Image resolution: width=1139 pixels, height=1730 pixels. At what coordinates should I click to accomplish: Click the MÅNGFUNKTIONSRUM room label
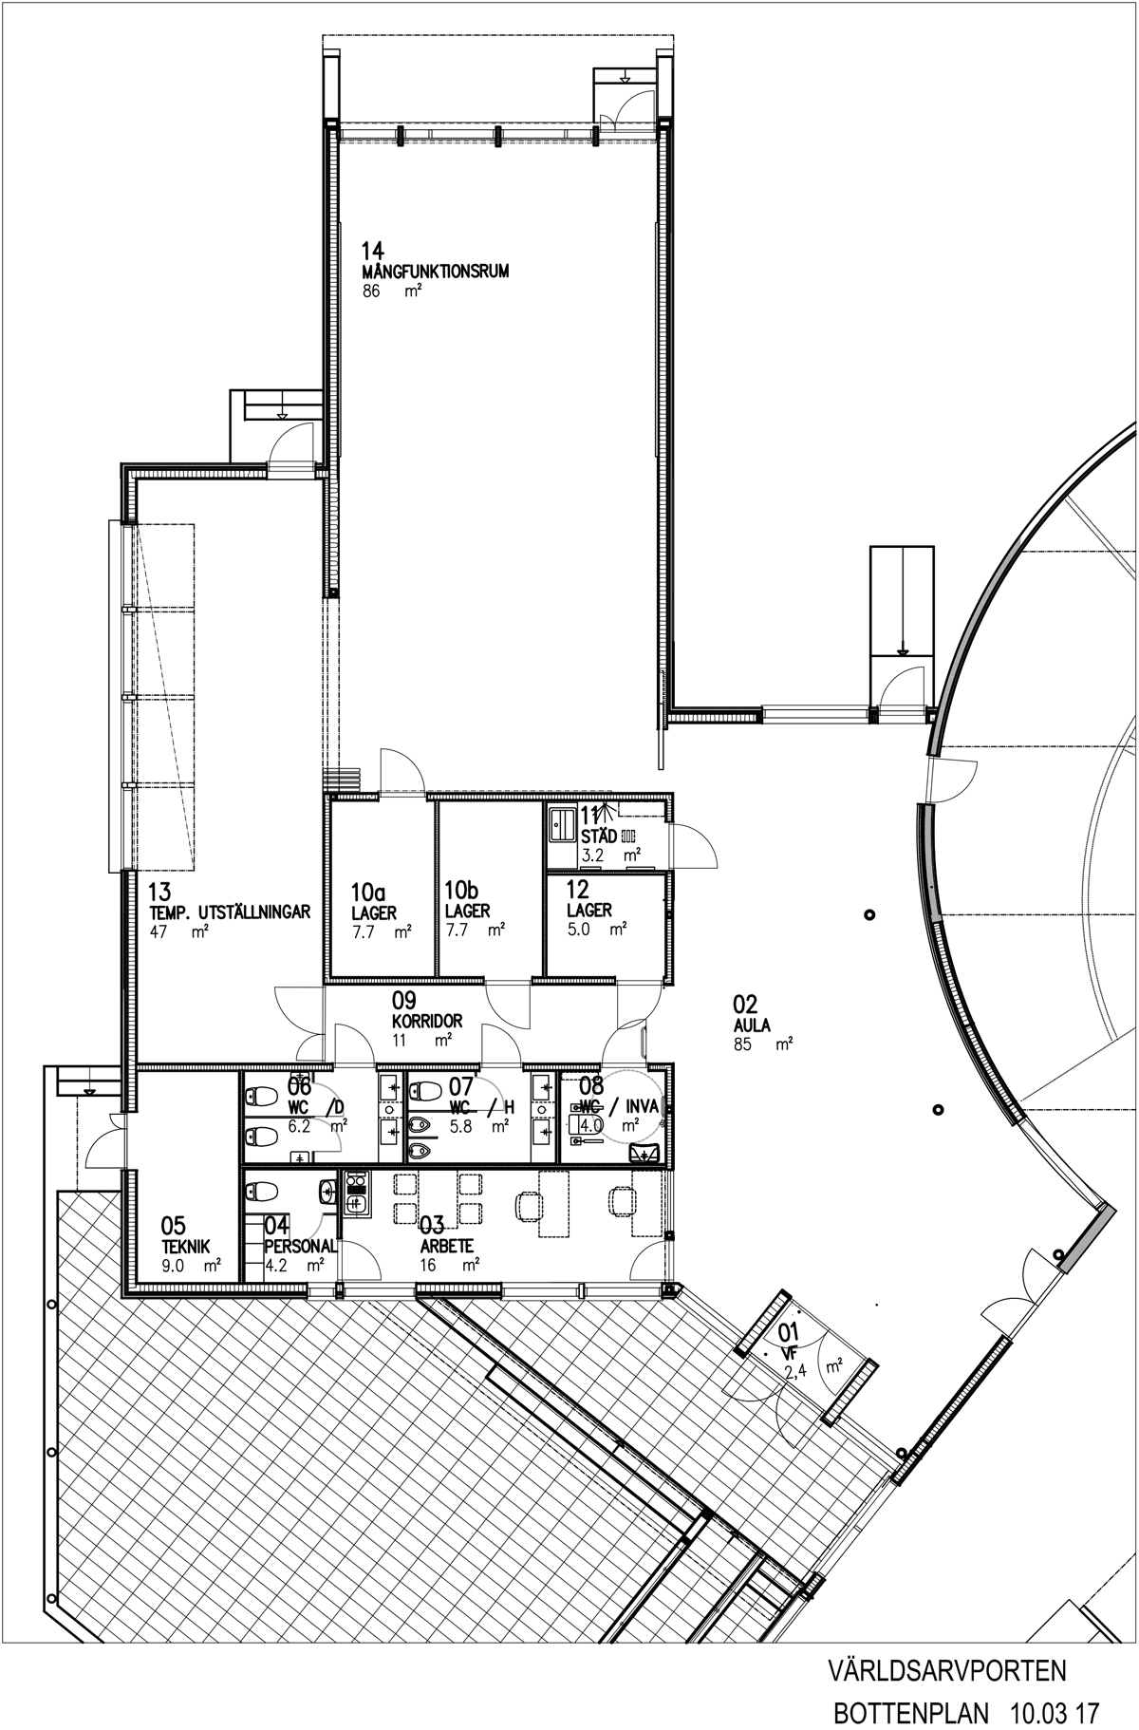pyautogui.click(x=436, y=272)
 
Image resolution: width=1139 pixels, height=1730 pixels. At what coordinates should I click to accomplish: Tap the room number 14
pyautogui.click(x=373, y=252)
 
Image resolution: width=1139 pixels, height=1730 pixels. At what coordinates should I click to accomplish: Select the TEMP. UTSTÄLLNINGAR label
pyautogui.click(x=231, y=912)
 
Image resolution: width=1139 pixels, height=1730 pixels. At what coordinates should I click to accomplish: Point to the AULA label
pyautogui.click(x=751, y=1025)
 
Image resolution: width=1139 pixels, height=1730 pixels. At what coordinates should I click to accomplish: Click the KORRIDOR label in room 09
pyautogui.click(x=427, y=1022)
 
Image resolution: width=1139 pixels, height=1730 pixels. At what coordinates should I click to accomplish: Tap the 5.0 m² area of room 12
pyautogui.click(x=597, y=930)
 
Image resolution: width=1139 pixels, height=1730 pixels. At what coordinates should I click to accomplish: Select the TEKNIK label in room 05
pyautogui.click(x=186, y=1248)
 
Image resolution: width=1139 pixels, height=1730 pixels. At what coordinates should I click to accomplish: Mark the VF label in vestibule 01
pyautogui.click(x=789, y=1354)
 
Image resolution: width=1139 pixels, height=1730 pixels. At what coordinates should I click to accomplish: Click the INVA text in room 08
pyautogui.click(x=641, y=1107)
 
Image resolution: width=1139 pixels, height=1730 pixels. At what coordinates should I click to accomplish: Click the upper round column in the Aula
pyautogui.click(x=869, y=915)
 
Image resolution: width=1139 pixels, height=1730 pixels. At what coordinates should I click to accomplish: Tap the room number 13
pyautogui.click(x=159, y=892)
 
